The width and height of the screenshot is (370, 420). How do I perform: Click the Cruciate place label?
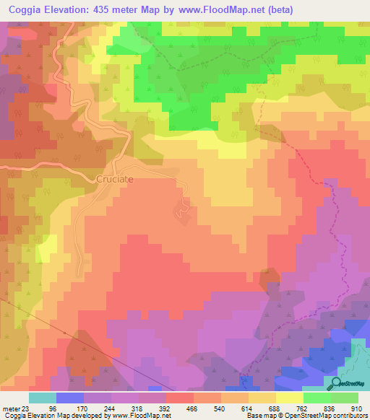point(116,178)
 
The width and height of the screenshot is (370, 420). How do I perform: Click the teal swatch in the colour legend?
point(42,398)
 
